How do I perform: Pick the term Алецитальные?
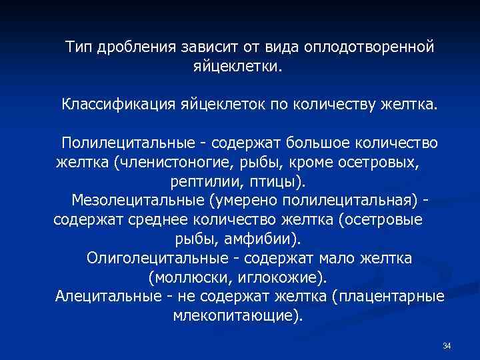click(107, 296)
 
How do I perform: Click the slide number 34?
click(447, 346)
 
